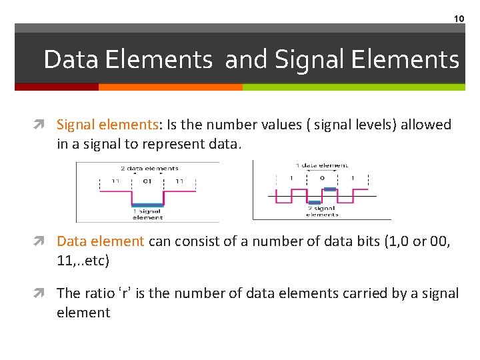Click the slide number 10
pyautogui.click(x=459, y=19)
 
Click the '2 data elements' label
pyautogui.click(x=149, y=168)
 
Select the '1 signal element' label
pyautogui.click(x=147, y=214)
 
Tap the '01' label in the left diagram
pyautogui.click(x=147, y=181)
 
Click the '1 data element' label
pyautogui.click(x=323, y=165)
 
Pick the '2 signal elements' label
pyautogui.click(x=323, y=211)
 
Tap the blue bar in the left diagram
pyautogui.click(x=147, y=205)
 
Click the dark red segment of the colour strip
pyautogui.click(x=57, y=87)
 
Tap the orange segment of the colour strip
pyautogui.click(x=170, y=87)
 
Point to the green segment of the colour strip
pyautogui.click(x=353, y=87)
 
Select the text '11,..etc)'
pyautogui.click(x=83, y=261)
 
